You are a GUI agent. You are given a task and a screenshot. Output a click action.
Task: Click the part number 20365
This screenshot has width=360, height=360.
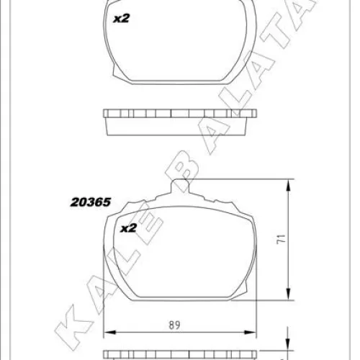(91, 202)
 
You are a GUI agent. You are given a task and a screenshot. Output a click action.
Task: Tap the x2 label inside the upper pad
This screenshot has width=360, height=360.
(122, 18)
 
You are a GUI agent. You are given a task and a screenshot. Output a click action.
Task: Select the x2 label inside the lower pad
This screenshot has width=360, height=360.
(128, 228)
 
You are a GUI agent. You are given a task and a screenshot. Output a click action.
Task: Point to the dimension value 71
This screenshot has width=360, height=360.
(282, 239)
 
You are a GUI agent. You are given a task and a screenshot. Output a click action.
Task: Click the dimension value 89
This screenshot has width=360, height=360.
(174, 325)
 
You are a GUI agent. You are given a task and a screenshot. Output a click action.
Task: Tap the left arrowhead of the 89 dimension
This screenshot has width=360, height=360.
(109, 333)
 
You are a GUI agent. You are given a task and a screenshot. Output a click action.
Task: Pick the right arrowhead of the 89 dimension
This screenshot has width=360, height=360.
(250, 333)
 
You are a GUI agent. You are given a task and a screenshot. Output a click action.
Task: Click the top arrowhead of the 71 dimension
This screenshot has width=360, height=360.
(289, 186)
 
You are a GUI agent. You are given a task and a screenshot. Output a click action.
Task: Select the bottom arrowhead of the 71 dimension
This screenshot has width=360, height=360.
(289, 294)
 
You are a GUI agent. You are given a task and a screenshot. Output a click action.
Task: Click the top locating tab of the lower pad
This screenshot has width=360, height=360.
(180, 185)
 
